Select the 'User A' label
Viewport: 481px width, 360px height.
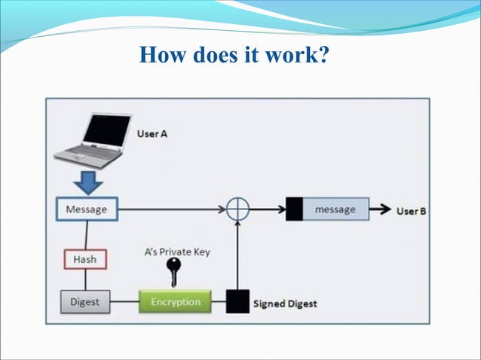(x=152, y=133)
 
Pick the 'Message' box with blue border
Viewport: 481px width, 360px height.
(x=87, y=209)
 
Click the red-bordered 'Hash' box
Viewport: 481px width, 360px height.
(x=84, y=259)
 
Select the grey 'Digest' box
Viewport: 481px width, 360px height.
(x=85, y=302)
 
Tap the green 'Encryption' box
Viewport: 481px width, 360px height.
(x=175, y=302)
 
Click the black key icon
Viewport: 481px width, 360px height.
(x=175, y=273)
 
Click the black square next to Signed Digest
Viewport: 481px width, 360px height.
(x=239, y=302)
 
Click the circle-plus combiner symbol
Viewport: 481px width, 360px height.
(x=238, y=209)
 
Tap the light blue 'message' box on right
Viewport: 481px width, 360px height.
(x=335, y=209)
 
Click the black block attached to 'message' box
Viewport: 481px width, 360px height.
(x=294, y=209)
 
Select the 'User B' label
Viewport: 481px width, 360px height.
(x=412, y=210)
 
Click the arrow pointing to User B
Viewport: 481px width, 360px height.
(x=381, y=209)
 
